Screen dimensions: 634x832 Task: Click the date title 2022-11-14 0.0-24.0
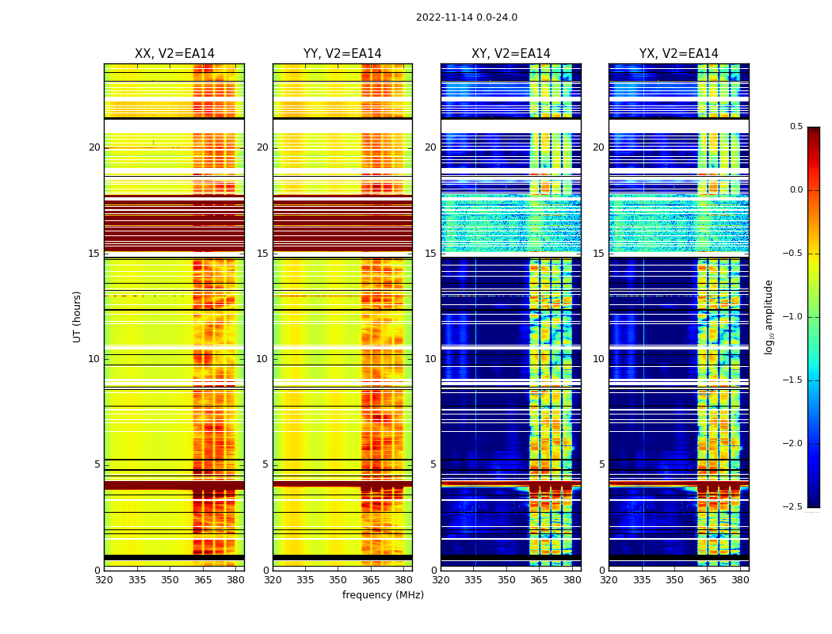pos(466,17)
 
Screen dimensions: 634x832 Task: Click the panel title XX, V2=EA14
pos(174,54)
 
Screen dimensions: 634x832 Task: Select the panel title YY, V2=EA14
pos(342,54)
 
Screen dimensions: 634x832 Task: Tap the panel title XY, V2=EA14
pos(510,54)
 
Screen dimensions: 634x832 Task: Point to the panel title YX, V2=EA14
pos(678,54)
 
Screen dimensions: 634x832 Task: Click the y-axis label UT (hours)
pos(77,316)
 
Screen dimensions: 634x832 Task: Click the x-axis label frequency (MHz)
pos(383,595)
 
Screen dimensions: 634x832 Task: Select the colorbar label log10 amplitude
pos(769,316)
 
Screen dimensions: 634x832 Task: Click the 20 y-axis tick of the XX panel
pos(94,147)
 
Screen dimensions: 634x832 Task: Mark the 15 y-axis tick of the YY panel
pos(263,254)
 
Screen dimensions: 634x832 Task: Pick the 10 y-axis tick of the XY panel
pos(431,359)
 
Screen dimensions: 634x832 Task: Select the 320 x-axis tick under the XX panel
pos(104,579)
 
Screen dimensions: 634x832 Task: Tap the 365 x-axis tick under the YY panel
pos(371,579)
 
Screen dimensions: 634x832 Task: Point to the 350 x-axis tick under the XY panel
pos(506,579)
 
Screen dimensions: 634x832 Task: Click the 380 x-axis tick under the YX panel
pos(740,579)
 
